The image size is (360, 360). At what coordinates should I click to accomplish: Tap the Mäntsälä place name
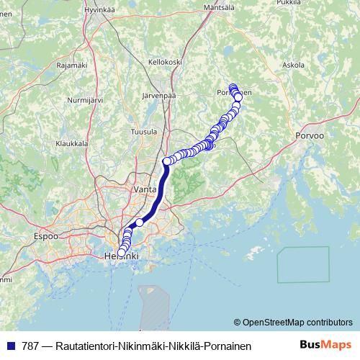pos(220,7)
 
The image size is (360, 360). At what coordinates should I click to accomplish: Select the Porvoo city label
pos(310,135)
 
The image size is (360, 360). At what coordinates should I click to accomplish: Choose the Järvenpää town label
pos(160,94)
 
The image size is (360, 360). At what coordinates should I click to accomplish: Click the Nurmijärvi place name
pos(85,100)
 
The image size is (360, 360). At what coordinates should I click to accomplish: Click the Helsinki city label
pos(121,256)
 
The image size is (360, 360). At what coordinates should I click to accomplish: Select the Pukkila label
pos(289,2)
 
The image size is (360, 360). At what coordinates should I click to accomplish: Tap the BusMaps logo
pos(325,345)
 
